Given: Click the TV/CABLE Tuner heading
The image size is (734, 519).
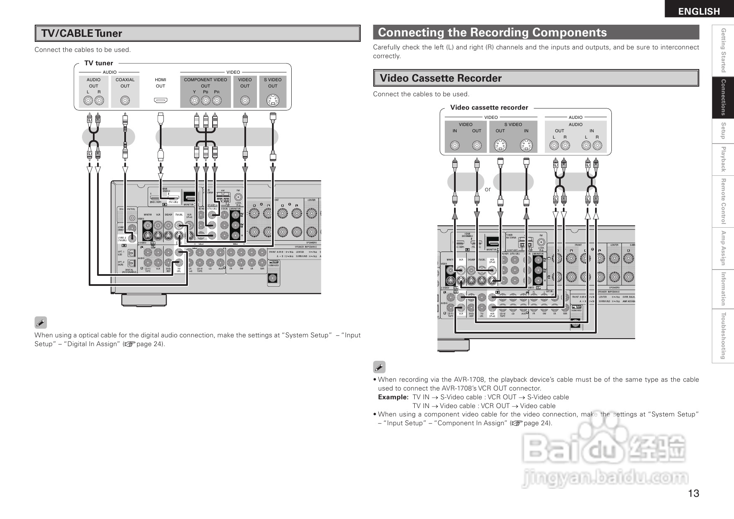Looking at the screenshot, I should tap(82, 33).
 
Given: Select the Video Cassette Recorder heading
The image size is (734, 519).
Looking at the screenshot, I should tap(440, 78).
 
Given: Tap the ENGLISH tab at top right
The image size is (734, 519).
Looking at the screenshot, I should tap(699, 11).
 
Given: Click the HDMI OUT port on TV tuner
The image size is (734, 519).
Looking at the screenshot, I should tap(161, 101).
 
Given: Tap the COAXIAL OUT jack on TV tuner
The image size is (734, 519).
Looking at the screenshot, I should tap(125, 101).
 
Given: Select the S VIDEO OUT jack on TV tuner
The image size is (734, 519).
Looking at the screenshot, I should tap(272, 101).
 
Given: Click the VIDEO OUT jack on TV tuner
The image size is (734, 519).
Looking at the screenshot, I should tap(245, 101).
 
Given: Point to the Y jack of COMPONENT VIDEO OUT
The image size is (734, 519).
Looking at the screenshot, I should tap(195, 101).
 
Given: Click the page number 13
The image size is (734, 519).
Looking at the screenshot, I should tap(693, 493).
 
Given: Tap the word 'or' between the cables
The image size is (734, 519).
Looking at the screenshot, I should tap(488, 189).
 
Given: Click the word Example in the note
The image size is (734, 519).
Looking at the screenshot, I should tap(393, 397).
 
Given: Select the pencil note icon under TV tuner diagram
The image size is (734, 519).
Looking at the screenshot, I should tap(41, 323).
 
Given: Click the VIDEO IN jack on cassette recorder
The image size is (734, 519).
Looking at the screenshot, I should tap(455, 146).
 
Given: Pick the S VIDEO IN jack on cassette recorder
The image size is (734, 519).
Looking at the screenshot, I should tap(526, 146).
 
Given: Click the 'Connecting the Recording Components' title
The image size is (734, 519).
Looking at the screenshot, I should tap(492, 32).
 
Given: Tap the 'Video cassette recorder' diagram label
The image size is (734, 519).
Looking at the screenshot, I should tap(489, 108).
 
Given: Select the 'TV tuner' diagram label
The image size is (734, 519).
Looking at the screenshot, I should tap(99, 63).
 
